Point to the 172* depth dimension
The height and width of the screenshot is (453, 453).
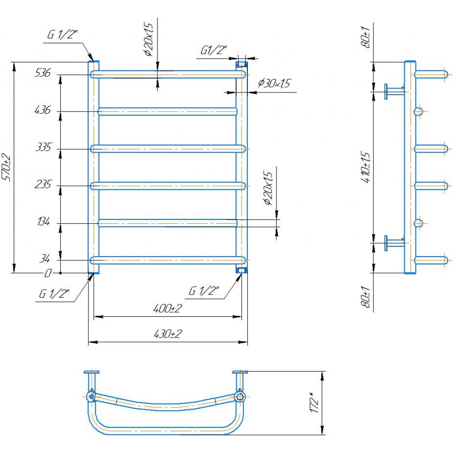pos(315,403)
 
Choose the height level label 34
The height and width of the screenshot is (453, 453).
pos(46,258)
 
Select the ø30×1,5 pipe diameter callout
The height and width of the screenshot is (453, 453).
pos(277,83)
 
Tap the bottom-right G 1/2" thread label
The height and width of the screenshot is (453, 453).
pos(204,291)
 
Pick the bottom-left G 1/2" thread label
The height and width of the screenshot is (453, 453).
pos(55,293)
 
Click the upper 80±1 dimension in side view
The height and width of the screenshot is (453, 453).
pos(366,38)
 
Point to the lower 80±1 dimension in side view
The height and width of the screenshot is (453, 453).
pos(366,297)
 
